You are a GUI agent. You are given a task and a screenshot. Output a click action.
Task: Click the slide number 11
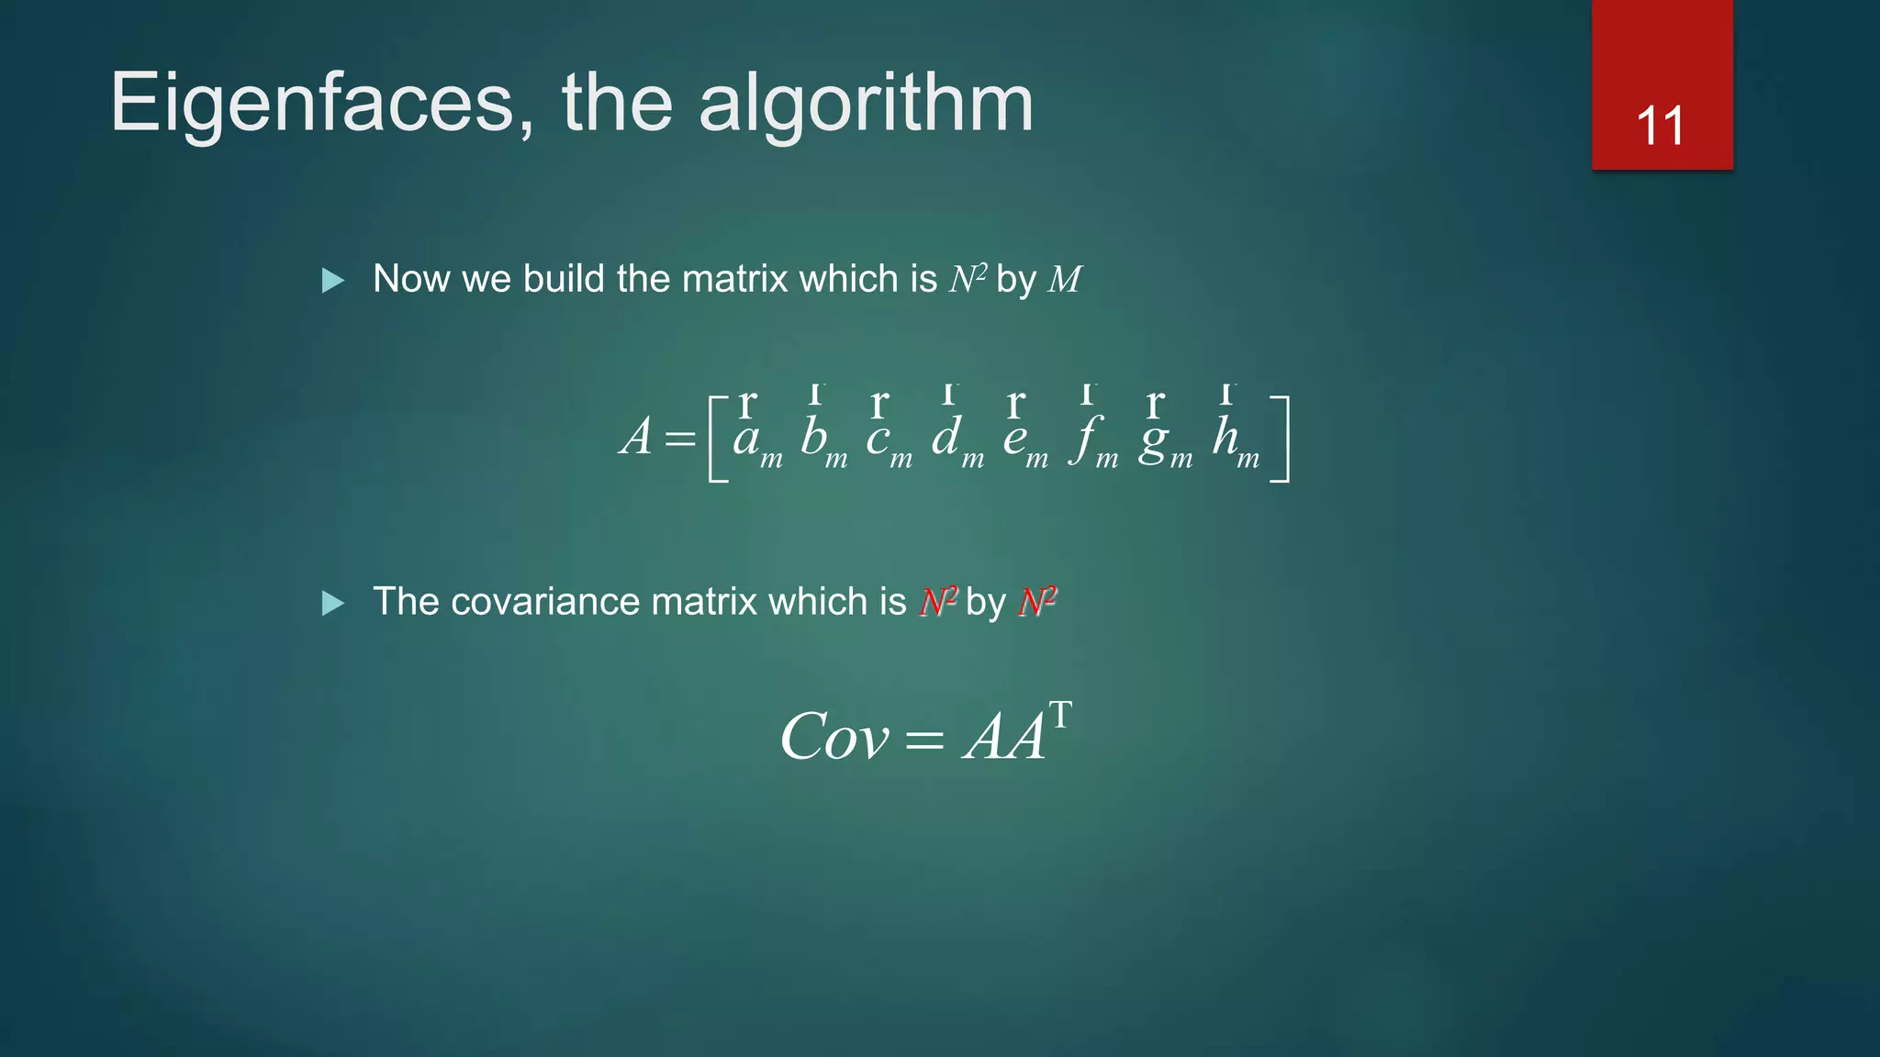tap(1661, 126)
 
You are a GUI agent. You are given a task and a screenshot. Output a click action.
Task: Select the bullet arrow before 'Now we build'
tap(333, 280)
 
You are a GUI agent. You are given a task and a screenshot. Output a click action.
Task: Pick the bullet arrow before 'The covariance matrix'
tap(333, 603)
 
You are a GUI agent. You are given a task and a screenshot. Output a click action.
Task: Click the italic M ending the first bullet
tap(1064, 279)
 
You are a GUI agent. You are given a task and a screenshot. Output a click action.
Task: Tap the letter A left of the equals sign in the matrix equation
tap(636, 436)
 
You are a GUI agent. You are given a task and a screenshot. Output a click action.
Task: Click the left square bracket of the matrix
tap(717, 439)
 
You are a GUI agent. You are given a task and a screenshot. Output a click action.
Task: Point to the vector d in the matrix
tap(946, 436)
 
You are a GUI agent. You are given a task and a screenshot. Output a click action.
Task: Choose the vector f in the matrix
tap(1086, 439)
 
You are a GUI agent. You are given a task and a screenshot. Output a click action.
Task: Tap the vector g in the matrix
tap(1153, 440)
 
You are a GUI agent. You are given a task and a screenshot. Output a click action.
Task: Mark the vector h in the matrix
tap(1225, 436)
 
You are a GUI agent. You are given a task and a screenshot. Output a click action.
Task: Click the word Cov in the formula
tap(834, 736)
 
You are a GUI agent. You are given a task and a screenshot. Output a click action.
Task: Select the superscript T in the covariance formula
tap(1060, 715)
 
